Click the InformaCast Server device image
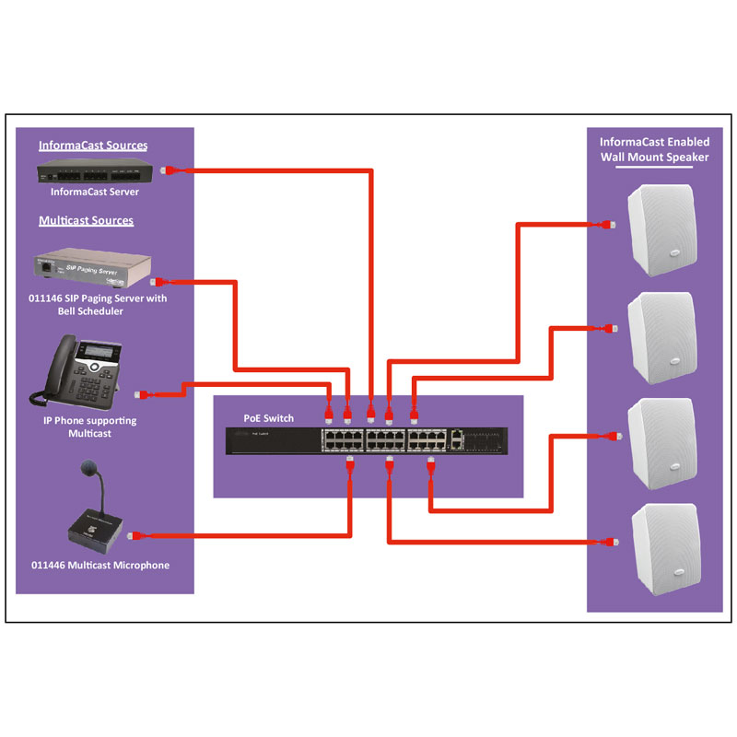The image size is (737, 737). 96,172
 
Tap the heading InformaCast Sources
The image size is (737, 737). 93,146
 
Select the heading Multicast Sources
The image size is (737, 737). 87,221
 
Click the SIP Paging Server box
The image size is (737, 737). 91,268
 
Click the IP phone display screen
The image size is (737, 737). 98,351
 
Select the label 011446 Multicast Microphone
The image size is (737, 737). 100,565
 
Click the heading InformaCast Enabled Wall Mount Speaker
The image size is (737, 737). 654,149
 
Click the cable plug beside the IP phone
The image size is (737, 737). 141,394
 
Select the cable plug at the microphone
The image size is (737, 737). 134,534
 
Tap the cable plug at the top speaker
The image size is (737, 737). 605,224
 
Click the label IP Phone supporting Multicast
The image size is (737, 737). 90,427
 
